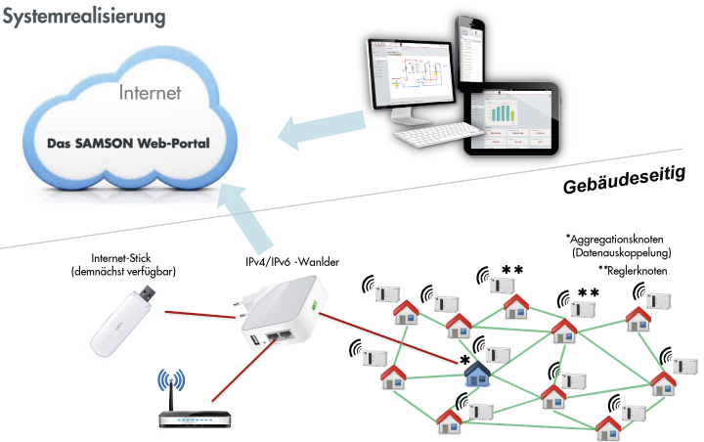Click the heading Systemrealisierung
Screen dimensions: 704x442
coord(84,17)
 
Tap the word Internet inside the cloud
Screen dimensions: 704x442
coord(150,93)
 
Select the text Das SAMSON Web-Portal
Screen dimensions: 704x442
coord(128,144)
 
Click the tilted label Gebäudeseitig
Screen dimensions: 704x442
coord(625,180)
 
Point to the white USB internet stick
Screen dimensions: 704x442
coord(123,320)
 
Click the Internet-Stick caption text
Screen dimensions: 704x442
coord(123,265)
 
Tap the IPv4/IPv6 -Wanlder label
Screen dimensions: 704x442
coord(292,262)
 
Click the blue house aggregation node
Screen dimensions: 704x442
coord(477,375)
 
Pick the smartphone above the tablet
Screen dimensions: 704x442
coord(471,52)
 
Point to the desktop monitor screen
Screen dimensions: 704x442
coord(411,73)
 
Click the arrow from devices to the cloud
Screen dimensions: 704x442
coord(322,129)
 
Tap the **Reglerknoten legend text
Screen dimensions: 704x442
coord(633,271)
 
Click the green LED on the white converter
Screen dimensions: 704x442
coord(314,306)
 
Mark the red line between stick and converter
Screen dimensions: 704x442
coord(200,314)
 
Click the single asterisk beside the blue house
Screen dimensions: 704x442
coord(465,360)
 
